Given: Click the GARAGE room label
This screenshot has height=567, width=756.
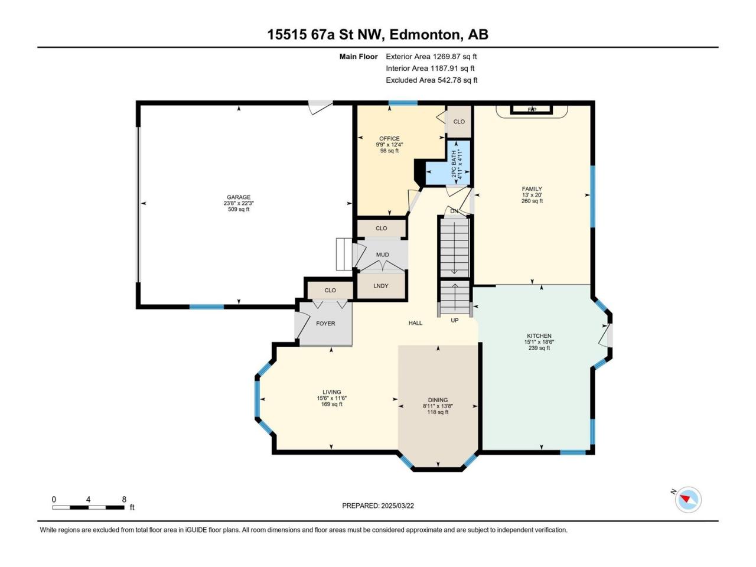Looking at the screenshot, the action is pyautogui.click(x=239, y=197).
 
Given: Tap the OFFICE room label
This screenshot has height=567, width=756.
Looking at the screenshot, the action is pyautogui.click(x=389, y=139).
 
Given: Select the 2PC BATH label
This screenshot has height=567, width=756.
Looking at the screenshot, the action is pyautogui.click(x=454, y=164).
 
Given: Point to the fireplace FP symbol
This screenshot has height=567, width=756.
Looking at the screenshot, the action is pyautogui.click(x=532, y=110).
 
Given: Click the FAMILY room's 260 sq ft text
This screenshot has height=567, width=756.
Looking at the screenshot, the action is pyautogui.click(x=532, y=201).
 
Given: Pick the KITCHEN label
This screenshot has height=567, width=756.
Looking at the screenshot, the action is pyautogui.click(x=539, y=335).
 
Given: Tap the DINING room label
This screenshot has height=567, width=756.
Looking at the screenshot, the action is pyautogui.click(x=438, y=400).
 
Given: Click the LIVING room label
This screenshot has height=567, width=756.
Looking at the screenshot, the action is pyautogui.click(x=332, y=392).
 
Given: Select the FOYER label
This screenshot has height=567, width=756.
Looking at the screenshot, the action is pyautogui.click(x=325, y=324).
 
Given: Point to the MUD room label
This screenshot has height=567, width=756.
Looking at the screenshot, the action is pyautogui.click(x=382, y=255).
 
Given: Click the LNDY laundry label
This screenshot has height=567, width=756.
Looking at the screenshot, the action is pyautogui.click(x=381, y=286).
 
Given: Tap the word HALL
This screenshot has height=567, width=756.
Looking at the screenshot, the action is pyautogui.click(x=415, y=323).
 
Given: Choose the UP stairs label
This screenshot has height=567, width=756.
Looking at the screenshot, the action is pyautogui.click(x=455, y=320).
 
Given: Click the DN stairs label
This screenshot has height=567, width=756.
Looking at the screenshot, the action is pyautogui.click(x=454, y=211).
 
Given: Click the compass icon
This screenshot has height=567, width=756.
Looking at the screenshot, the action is pyautogui.click(x=688, y=500).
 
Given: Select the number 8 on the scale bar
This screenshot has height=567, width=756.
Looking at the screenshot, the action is pyautogui.click(x=124, y=499).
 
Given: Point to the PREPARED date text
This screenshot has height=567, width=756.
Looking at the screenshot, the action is pyautogui.click(x=378, y=506).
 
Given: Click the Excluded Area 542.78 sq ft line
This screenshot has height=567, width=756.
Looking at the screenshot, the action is pyautogui.click(x=432, y=80).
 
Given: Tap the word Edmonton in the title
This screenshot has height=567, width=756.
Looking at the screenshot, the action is pyautogui.click(x=426, y=35).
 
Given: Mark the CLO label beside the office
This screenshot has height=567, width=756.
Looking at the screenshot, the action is pyautogui.click(x=459, y=122).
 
